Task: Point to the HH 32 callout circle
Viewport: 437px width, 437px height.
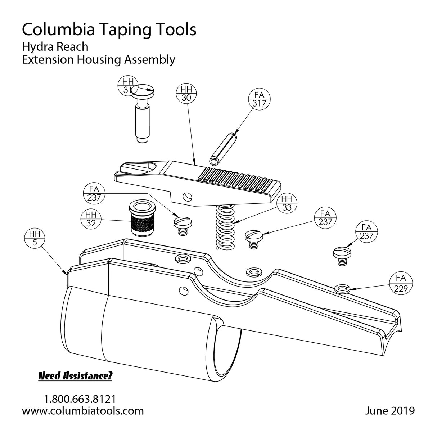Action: tap(90, 219)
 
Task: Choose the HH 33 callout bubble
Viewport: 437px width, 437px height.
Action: tap(287, 203)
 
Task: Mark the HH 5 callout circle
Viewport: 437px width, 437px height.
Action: tap(35, 239)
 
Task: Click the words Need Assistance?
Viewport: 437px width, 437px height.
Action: tap(75, 376)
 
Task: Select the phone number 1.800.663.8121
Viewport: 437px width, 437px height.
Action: tap(80, 399)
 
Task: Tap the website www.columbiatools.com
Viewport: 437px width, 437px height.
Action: tap(83, 411)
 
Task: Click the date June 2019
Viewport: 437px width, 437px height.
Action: tap(389, 411)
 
